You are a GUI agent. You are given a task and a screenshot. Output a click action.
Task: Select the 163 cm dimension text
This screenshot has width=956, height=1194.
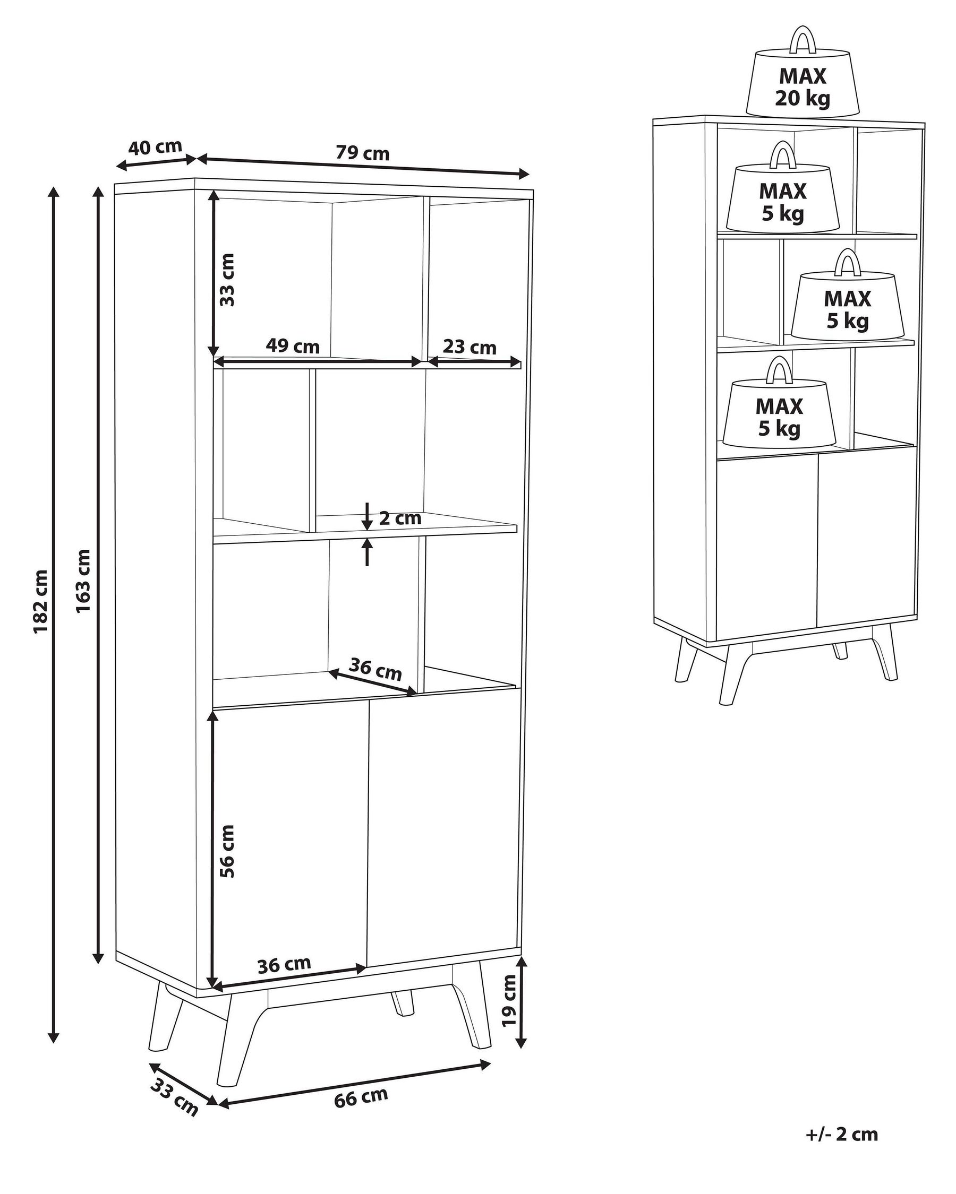(83, 581)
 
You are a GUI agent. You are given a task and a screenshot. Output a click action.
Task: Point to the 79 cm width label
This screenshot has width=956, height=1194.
(362, 153)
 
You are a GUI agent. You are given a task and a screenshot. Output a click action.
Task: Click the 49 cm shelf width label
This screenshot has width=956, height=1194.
(293, 347)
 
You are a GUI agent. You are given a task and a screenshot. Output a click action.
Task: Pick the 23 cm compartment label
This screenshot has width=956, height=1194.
(470, 348)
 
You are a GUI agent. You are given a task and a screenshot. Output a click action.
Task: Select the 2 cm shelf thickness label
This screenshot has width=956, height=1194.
(400, 518)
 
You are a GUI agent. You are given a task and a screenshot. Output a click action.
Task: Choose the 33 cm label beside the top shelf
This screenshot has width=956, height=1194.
(227, 280)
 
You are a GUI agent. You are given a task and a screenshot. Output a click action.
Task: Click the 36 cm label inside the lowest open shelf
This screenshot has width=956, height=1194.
(377, 671)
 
